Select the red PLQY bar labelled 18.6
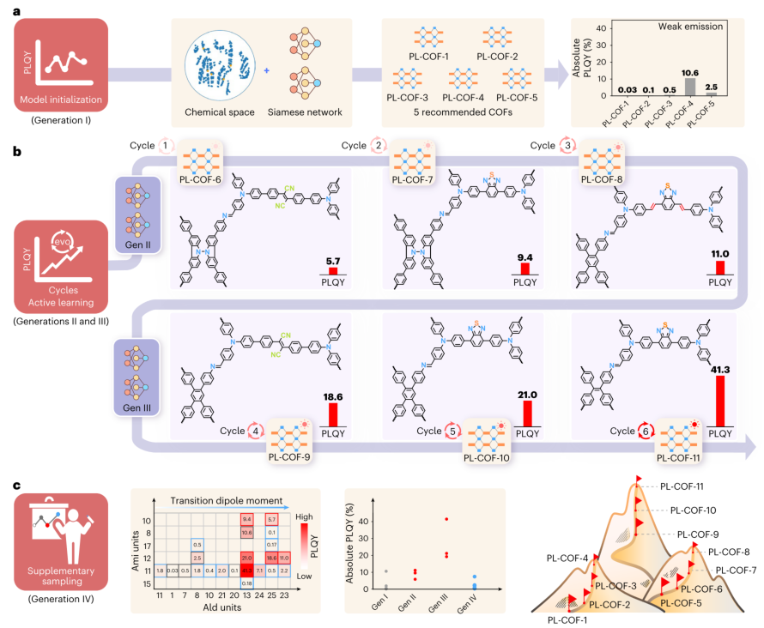[x=332, y=414]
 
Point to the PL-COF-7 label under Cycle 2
[x=414, y=179]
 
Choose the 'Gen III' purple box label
[x=137, y=408]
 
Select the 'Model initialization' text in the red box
[x=61, y=100]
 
